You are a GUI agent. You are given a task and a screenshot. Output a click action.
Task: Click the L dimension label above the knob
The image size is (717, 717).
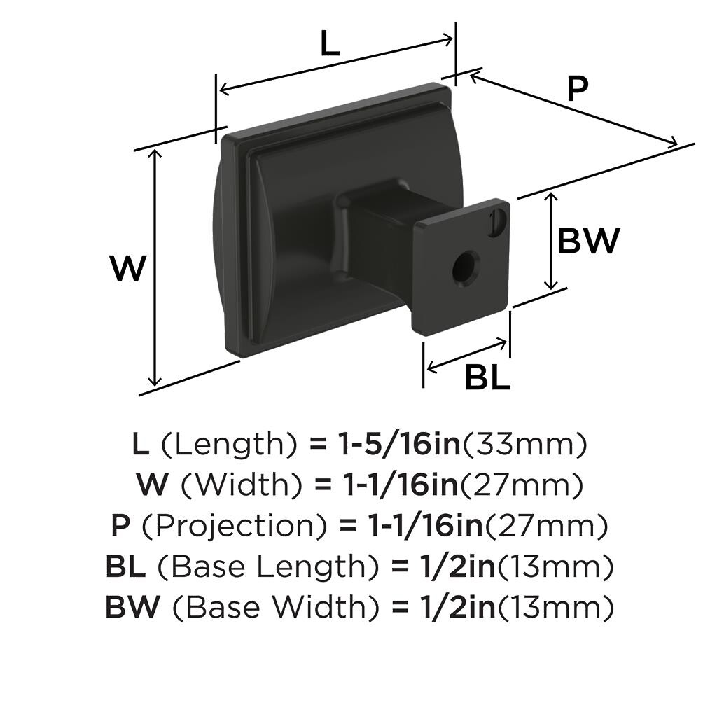click(329, 44)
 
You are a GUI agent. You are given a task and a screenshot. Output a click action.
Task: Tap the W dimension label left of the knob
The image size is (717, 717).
click(128, 268)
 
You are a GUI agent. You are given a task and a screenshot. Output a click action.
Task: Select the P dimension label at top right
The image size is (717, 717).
click(577, 88)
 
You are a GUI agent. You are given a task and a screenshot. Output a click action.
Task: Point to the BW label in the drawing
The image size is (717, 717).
click(588, 241)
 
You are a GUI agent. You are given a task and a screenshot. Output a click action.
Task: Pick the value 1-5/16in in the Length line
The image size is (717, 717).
click(399, 444)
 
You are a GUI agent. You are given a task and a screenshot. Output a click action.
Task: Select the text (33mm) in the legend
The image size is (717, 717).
click(524, 445)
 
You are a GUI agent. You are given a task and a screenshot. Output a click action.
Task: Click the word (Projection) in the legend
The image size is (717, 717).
click(235, 527)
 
